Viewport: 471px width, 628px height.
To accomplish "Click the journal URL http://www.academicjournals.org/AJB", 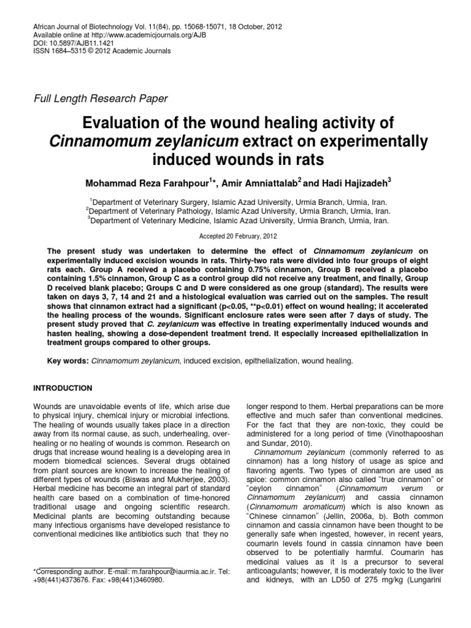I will [146, 37].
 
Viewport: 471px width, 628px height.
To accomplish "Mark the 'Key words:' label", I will [68, 362].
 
